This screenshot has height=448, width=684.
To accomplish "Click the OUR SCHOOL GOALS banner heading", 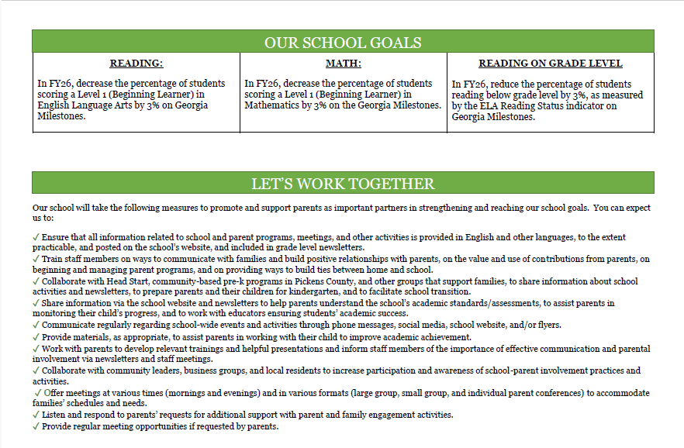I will (x=343, y=43).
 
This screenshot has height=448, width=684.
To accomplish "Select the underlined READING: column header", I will (x=136, y=64).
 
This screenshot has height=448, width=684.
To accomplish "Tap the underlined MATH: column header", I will (x=343, y=64).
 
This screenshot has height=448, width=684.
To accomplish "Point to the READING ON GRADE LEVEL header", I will (x=550, y=64).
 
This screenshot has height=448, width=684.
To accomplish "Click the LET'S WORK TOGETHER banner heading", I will (x=343, y=184).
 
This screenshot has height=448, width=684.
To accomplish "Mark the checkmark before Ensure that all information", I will (x=36, y=237).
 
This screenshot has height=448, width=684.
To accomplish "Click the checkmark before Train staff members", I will (x=36, y=259).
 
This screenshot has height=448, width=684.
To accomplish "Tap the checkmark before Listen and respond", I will (x=36, y=415).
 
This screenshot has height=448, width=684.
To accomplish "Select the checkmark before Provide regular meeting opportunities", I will (x=36, y=426).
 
